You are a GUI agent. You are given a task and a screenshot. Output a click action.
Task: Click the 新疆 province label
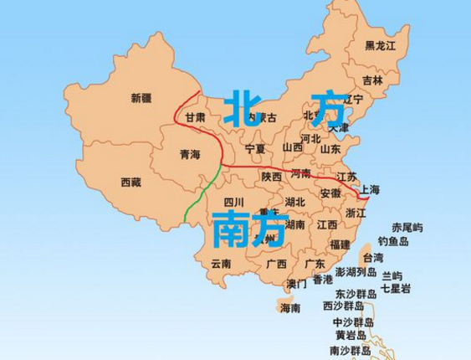point(141,98)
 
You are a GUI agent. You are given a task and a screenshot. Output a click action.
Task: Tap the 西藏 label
point(131,182)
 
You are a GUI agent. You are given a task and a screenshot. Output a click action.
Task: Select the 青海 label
point(190,155)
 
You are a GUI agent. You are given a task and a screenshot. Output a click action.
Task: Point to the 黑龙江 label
point(380,46)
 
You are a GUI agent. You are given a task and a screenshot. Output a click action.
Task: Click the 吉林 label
point(372,81)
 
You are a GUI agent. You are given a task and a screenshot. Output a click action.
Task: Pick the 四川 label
point(233,202)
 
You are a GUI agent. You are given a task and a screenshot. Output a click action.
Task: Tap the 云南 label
point(221,263)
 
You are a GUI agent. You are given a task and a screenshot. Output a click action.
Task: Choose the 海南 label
point(289,308)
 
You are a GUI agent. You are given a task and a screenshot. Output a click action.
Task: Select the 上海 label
point(369,189)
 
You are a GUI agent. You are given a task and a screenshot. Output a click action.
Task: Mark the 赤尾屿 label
point(407,227)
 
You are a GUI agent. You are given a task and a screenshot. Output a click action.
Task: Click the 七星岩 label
point(396,289)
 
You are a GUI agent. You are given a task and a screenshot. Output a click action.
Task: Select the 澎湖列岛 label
point(356,272)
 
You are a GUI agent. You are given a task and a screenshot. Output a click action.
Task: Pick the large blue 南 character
point(228,229)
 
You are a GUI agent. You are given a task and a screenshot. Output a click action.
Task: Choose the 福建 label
point(340,244)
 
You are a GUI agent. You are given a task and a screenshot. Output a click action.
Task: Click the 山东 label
point(330,149)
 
